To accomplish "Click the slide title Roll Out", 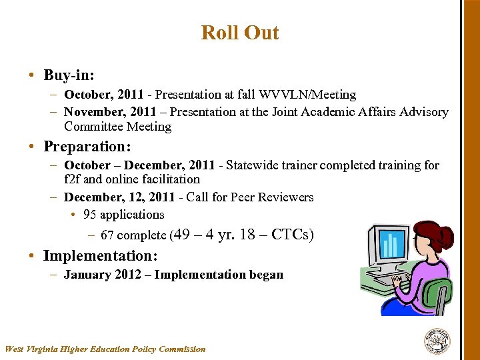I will [240, 33].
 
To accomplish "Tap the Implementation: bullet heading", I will [101, 255].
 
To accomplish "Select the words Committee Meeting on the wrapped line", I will [117, 127].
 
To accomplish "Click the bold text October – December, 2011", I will [139, 165].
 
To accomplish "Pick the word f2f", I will [73, 179].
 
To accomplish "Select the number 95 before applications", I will [90, 215].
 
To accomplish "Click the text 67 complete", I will [133, 235].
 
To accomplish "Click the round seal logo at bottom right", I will [437, 341].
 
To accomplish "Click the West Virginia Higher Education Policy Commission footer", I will [105, 349].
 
